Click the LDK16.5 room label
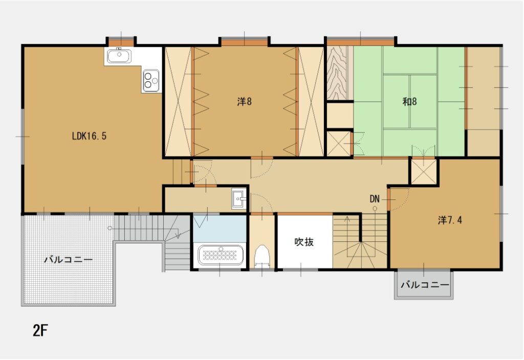tap(89, 136)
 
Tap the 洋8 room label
tap(245, 101)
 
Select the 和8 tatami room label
tap(409, 101)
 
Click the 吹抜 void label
tap(304, 242)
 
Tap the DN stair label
tap(375, 198)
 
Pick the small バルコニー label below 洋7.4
tap(424, 285)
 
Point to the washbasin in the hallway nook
tap(238, 198)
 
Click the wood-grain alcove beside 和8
tap(338, 73)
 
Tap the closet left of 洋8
tap(178, 101)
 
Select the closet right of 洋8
tap(311, 101)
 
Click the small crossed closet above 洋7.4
tap(424, 172)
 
